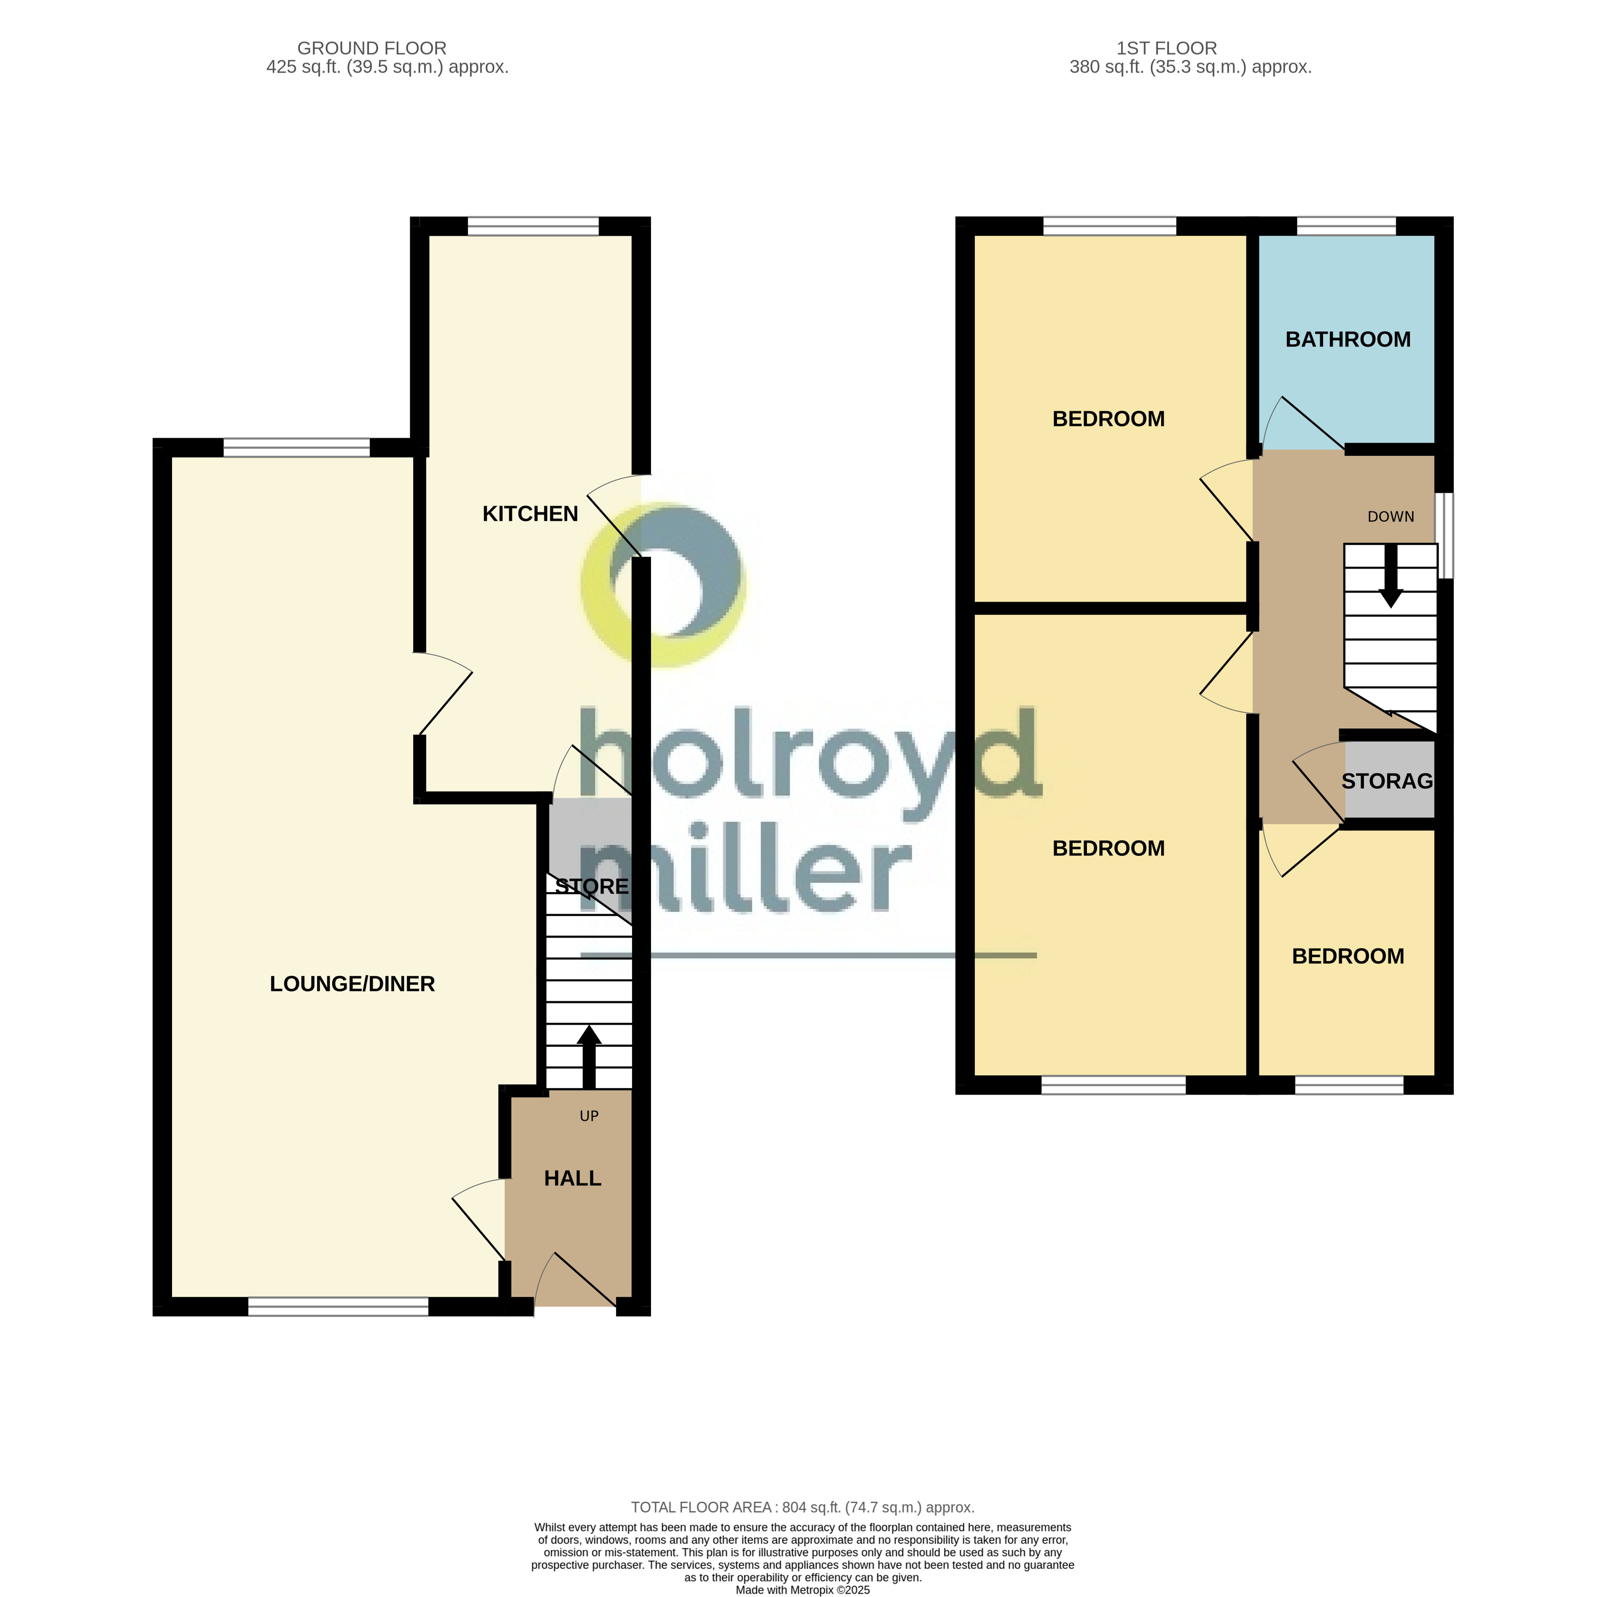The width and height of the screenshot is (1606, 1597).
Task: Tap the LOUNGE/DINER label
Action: click(x=352, y=984)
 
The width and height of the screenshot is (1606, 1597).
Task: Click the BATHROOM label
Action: click(x=1347, y=339)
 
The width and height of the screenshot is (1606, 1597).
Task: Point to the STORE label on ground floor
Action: click(x=591, y=886)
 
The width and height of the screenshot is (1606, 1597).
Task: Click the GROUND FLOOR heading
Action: click(x=372, y=48)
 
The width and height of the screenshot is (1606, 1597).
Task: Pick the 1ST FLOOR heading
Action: click(x=1166, y=48)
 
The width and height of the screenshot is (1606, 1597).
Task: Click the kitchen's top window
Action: click(x=533, y=226)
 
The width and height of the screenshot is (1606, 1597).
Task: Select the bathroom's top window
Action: click(x=1346, y=226)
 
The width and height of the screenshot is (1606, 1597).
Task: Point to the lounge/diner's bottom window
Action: click(x=338, y=1306)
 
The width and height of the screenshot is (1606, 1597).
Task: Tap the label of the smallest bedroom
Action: click(x=1347, y=956)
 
